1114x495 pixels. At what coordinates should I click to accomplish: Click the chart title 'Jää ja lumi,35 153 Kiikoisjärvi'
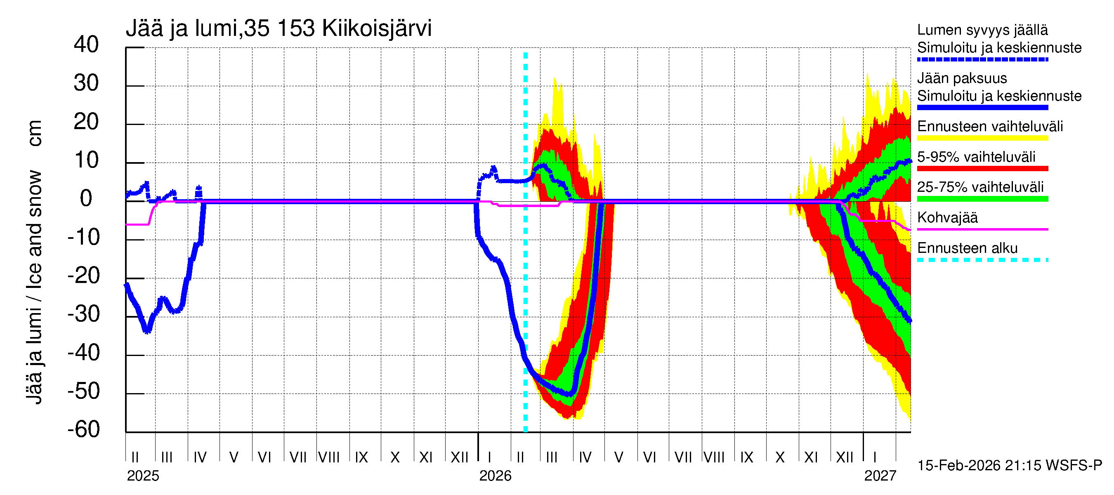tap(278, 28)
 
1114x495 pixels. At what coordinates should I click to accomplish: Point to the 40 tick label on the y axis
tap(86, 45)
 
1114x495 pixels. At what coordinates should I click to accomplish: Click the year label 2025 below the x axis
tap(143, 476)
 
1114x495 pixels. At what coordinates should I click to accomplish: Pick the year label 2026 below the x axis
tap(495, 476)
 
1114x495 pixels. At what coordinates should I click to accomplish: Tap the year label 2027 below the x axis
tap(880, 476)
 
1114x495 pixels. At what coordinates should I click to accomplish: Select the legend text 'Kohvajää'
tap(947, 217)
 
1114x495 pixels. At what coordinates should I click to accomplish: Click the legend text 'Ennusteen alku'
tap(968, 248)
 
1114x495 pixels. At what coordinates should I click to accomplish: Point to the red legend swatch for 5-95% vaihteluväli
tap(982, 169)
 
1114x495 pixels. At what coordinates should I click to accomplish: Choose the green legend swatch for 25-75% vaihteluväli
tap(982, 199)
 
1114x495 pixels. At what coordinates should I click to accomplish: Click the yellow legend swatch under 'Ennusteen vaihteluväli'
tap(982, 138)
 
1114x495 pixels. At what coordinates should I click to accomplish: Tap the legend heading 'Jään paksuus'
tap(962, 78)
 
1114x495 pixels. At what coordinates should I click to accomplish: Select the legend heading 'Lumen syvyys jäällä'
tap(982, 30)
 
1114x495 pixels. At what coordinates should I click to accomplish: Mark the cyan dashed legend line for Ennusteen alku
tap(982, 260)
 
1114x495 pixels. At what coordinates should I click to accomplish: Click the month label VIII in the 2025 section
tap(329, 457)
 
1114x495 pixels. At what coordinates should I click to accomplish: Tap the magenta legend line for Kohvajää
tap(982, 229)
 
